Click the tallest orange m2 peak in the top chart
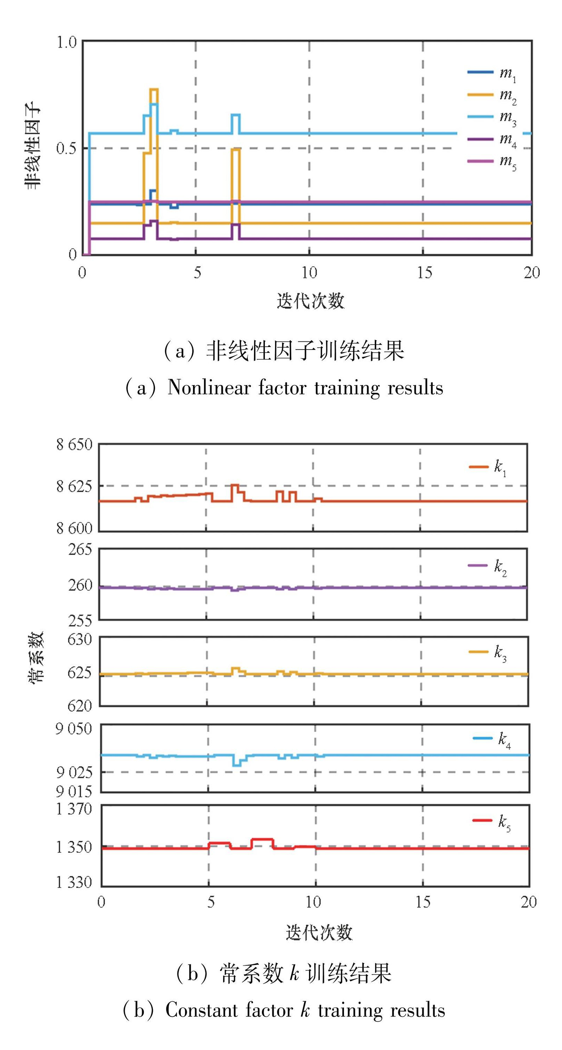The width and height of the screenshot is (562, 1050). pyautogui.click(x=154, y=89)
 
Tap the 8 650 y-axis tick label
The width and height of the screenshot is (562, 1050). pyautogui.click(x=75, y=444)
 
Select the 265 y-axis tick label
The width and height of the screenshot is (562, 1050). pyautogui.click(x=80, y=549)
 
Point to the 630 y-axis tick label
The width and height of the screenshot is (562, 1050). pyautogui.click(x=80, y=639)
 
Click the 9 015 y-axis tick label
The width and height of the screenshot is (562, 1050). pyautogui.click(x=74, y=792)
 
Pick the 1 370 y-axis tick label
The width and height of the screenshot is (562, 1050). pyautogui.click(x=74, y=809)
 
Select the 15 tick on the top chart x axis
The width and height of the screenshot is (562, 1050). pyautogui.click(x=424, y=272)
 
